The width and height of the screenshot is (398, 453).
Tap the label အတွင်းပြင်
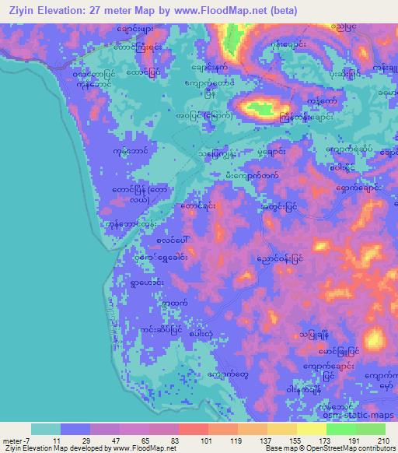tap(281, 208)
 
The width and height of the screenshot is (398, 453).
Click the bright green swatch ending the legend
tap(371, 429)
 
